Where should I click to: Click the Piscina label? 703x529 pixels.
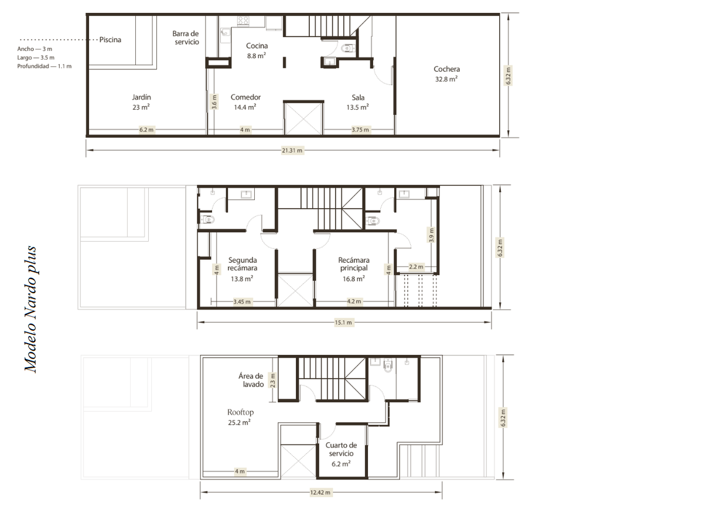(110, 40)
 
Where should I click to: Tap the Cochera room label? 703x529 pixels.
(446, 74)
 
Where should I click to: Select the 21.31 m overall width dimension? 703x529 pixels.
(292, 150)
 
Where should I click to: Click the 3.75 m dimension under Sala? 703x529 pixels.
(360, 130)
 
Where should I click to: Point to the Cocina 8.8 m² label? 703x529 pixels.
(257, 50)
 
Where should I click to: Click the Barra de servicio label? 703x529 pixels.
(186, 38)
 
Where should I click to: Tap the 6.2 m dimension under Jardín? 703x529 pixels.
(146, 130)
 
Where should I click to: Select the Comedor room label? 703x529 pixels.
(245, 102)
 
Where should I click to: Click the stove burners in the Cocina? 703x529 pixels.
(243, 21)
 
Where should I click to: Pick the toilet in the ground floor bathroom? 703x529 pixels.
(347, 49)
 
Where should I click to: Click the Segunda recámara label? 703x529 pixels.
(242, 269)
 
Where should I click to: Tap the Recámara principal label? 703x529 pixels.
(354, 269)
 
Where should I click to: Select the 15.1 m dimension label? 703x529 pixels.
(343, 323)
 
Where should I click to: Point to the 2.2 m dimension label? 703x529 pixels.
(416, 267)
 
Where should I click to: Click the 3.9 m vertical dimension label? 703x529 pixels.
(431, 235)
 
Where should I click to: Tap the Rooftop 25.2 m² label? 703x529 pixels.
(240, 417)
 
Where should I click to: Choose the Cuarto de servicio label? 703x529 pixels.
(341, 455)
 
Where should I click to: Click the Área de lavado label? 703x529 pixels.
(251, 380)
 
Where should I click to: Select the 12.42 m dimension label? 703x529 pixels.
(320, 493)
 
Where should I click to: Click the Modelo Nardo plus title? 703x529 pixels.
(30, 310)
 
